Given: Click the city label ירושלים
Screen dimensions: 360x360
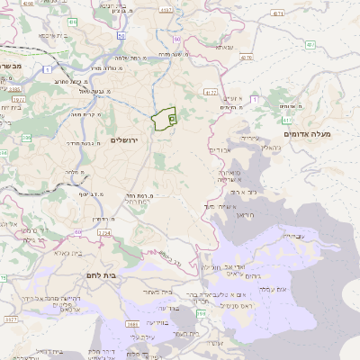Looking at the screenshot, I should [126, 140].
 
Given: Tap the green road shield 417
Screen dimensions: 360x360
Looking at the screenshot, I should [287, 119].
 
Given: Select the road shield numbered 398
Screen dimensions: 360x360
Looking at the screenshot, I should [201, 312].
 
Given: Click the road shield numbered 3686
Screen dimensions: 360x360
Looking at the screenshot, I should [132, 323].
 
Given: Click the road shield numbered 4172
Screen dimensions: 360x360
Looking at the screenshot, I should [211, 92].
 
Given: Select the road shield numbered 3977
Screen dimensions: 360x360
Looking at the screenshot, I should [11, 319].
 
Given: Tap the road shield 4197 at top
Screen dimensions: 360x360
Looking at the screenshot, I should [165, 10].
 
